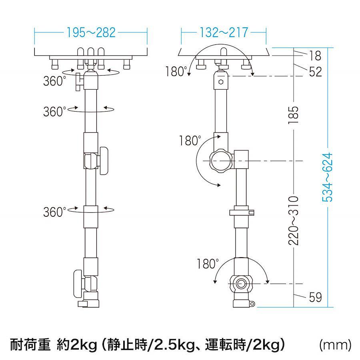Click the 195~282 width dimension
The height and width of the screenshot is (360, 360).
[91, 32]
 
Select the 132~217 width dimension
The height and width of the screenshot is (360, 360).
[224, 32]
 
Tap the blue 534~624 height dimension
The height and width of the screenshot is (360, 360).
[327, 177]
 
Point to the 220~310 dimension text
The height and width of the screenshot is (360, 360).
[294, 221]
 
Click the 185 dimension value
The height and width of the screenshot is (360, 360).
[294, 115]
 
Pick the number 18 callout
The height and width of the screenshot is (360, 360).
[315, 56]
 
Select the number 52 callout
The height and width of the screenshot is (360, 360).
[316, 72]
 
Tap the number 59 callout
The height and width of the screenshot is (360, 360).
[316, 297]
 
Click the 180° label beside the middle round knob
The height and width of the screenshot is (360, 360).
[190, 140]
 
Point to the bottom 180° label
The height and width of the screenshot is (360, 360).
[208, 264]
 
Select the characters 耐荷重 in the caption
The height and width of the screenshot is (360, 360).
[30, 345]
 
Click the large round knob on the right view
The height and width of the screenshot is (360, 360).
[221, 161]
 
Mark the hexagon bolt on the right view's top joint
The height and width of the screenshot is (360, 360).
[221, 82]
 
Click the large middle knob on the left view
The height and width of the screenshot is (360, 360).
[104, 161]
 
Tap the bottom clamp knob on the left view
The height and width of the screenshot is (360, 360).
[78, 284]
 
